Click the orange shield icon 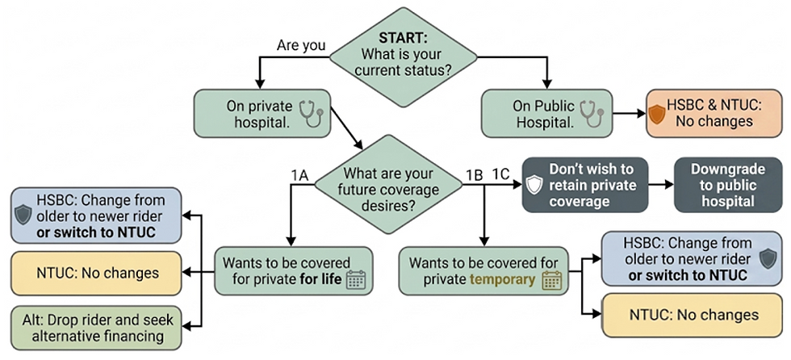click(657, 114)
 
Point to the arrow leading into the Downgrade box click(661, 185)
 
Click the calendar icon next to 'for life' click(356, 280)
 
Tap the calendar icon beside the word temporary click(552, 280)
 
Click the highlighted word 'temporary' click(504, 280)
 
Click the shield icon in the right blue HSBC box click(768, 257)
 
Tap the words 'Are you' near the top click(301, 45)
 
